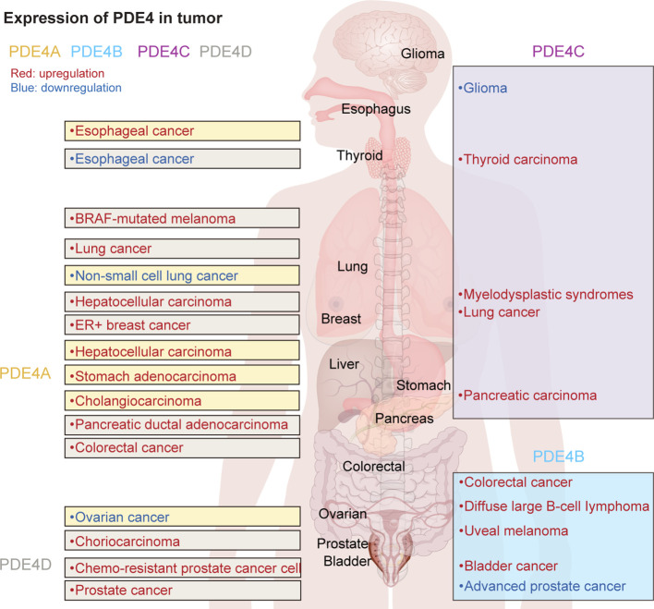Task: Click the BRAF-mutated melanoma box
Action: pyautogui.click(x=182, y=219)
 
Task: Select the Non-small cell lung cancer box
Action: pyautogui.click(x=182, y=275)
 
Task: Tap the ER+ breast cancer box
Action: pyautogui.click(x=182, y=325)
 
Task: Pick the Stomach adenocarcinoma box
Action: pyautogui.click(x=182, y=376)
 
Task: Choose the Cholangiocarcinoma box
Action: pyautogui.click(x=182, y=401)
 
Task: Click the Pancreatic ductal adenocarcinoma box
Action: pyautogui.click(x=182, y=424)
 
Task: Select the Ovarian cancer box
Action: pyautogui.click(x=182, y=517)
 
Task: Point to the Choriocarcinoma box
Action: pyautogui.click(x=182, y=541)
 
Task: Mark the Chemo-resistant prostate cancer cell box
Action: pyautogui.click(x=182, y=566)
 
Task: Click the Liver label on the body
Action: pyautogui.click(x=344, y=364)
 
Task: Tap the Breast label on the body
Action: pyautogui.click(x=340, y=319)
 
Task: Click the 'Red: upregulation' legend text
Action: pyautogui.click(x=55, y=73)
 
